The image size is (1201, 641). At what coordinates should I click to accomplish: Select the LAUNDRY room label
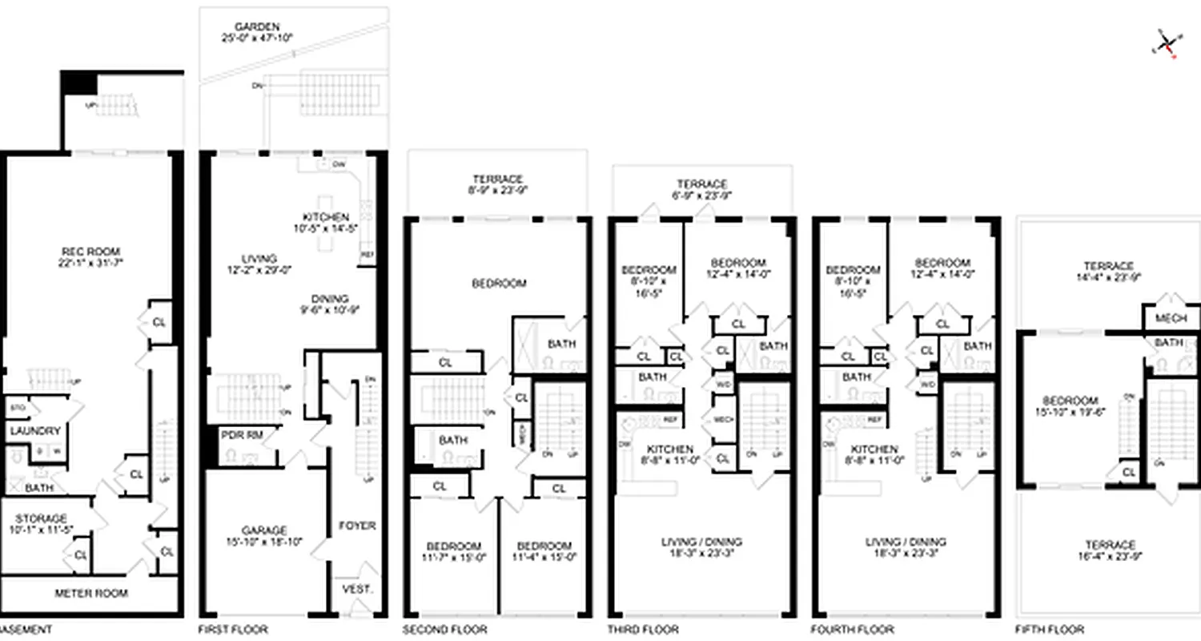click(34, 431)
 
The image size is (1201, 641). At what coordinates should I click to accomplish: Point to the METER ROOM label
click(90, 594)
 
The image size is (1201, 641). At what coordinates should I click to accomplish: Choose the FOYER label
click(357, 526)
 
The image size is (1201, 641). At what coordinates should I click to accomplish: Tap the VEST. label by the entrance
click(357, 589)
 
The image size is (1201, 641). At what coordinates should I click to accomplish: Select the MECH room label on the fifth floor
click(1171, 318)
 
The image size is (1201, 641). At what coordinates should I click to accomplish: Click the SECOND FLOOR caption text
click(444, 630)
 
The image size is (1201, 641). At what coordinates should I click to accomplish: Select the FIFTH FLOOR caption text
click(1050, 630)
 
